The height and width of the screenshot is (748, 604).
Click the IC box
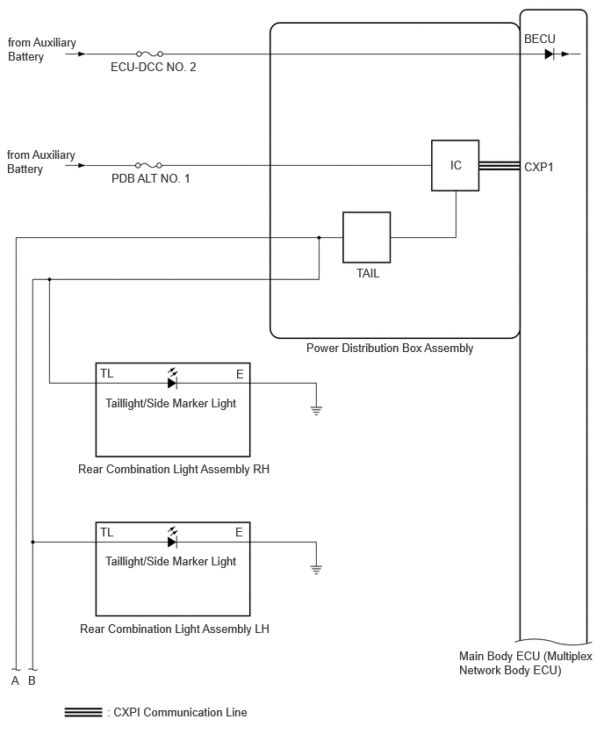[x=455, y=166]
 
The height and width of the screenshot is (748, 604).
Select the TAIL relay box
[x=366, y=237]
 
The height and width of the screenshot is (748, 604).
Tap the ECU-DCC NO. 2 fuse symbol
[x=150, y=54]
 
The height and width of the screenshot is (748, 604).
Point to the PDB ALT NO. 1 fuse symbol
[x=148, y=166]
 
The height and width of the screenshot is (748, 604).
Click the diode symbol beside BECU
[x=550, y=54]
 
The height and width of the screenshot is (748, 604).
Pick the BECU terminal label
[x=540, y=39]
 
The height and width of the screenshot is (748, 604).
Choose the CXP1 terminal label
[x=539, y=167]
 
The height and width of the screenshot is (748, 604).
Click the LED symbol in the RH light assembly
[x=173, y=379]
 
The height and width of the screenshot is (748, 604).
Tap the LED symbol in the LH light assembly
[x=173, y=538]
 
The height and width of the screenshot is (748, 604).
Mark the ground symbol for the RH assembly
[x=316, y=410]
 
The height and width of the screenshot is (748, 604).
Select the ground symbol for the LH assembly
[x=316, y=569]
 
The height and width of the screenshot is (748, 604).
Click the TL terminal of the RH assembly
[x=107, y=373]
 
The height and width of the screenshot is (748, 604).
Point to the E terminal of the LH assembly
[x=239, y=532]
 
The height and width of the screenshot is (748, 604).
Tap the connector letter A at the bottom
[x=15, y=680]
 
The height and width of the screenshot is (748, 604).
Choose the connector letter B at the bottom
[x=32, y=680]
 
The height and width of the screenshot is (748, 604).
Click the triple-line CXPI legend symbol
[x=83, y=712]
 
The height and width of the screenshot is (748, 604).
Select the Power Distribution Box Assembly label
[x=390, y=349]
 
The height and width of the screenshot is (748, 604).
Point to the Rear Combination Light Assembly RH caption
[x=174, y=470]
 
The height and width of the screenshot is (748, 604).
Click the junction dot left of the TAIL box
[x=320, y=237]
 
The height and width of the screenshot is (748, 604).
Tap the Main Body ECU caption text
[x=525, y=663]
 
